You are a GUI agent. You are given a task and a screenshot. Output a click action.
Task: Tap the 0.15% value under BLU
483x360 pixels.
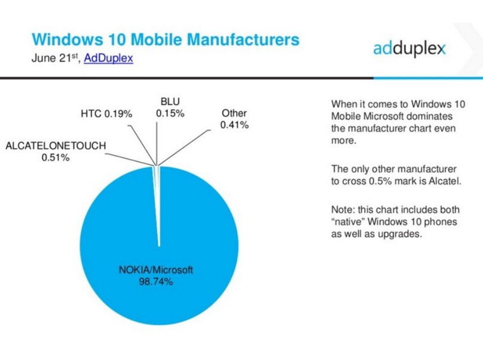(170, 112)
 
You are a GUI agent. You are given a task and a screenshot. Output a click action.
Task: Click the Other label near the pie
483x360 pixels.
(234, 113)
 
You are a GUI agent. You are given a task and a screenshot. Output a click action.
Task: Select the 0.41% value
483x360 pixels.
(234, 125)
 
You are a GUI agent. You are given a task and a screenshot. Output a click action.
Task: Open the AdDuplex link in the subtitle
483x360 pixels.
(109, 59)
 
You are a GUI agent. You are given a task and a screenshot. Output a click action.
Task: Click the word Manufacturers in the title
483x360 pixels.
(232, 39)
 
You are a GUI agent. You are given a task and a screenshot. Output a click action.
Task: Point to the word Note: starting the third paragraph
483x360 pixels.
(342, 210)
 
